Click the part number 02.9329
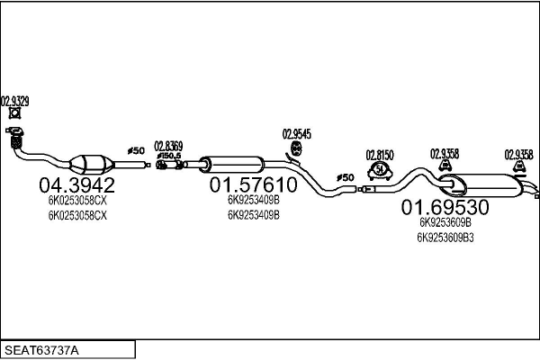tap(14, 102)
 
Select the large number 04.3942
tap(76, 186)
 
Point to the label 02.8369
tap(168, 146)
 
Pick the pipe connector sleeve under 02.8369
tap(168, 165)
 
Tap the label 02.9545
tap(297, 134)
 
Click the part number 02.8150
tap(380, 154)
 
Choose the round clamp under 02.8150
tap(380, 169)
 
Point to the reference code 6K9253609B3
tap(445, 238)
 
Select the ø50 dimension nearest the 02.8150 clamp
tap(346, 177)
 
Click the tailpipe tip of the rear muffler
tap(535, 193)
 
